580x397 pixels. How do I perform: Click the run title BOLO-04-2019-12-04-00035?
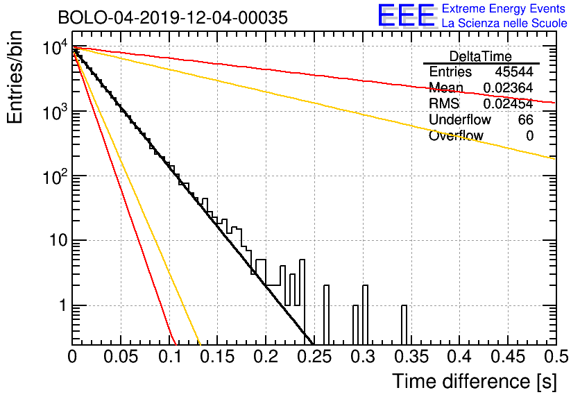(x=173, y=17)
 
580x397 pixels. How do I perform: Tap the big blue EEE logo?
(x=407, y=15)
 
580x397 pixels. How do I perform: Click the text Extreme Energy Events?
(x=504, y=8)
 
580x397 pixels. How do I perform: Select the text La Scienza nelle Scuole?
(x=504, y=24)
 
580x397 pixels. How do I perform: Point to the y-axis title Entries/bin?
(x=15, y=77)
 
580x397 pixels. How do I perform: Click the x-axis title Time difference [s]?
(x=475, y=381)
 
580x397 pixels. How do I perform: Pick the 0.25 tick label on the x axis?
(x=314, y=357)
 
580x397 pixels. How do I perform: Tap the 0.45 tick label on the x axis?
(x=508, y=357)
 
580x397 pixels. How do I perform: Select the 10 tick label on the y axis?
(x=58, y=241)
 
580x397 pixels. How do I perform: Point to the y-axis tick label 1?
(x=62, y=305)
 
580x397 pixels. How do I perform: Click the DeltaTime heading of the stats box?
(x=481, y=56)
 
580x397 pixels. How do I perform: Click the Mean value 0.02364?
(x=509, y=87)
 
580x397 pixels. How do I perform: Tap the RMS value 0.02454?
(x=509, y=103)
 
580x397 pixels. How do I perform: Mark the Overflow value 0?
(x=529, y=136)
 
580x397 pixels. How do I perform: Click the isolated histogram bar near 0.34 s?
(x=404, y=325)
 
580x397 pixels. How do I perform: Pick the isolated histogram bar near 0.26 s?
(x=326, y=315)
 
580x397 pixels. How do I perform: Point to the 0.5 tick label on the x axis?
(x=556, y=357)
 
